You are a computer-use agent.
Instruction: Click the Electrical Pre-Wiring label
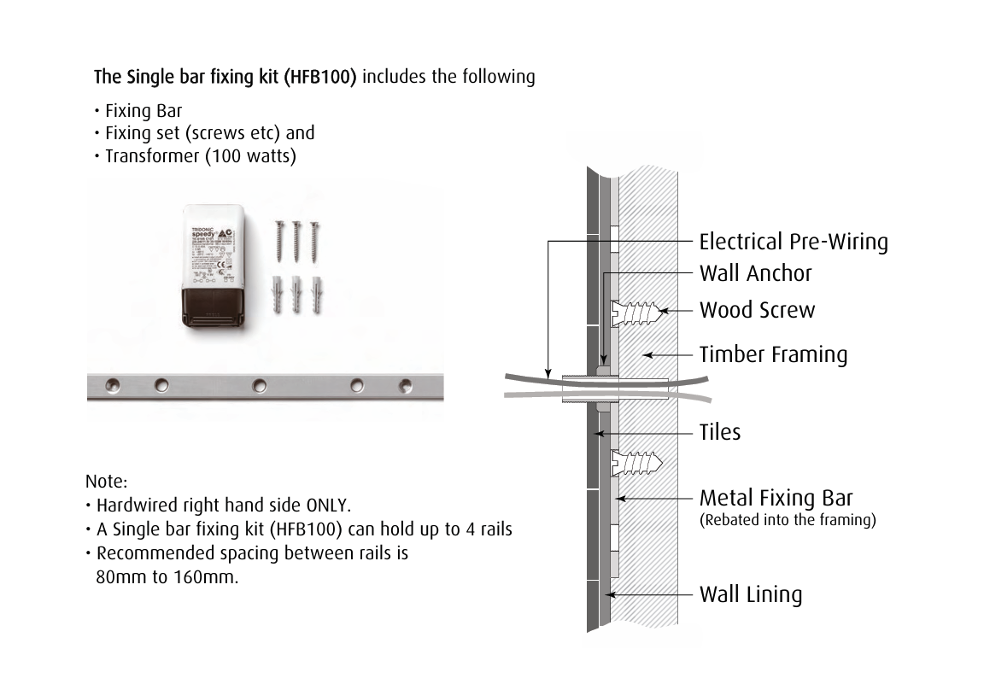pyautogui.click(x=793, y=242)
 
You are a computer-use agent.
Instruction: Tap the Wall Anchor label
pyautogui.click(x=755, y=273)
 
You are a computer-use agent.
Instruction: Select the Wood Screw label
pyautogui.click(x=757, y=309)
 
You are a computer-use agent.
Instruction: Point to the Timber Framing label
pyautogui.click(x=773, y=354)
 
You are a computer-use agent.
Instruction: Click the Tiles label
pyautogui.click(x=720, y=432)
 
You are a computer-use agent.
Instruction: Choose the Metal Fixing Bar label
pyautogui.click(x=776, y=498)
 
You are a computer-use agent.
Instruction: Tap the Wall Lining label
pyautogui.click(x=750, y=594)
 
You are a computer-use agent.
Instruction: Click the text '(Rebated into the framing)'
pyautogui.click(x=787, y=520)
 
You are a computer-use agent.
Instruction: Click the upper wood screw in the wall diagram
pyautogui.click(x=635, y=313)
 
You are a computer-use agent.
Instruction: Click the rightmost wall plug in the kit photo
pyautogui.click(x=315, y=294)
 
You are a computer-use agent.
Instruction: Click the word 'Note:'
pyautogui.click(x=107, y=482)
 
